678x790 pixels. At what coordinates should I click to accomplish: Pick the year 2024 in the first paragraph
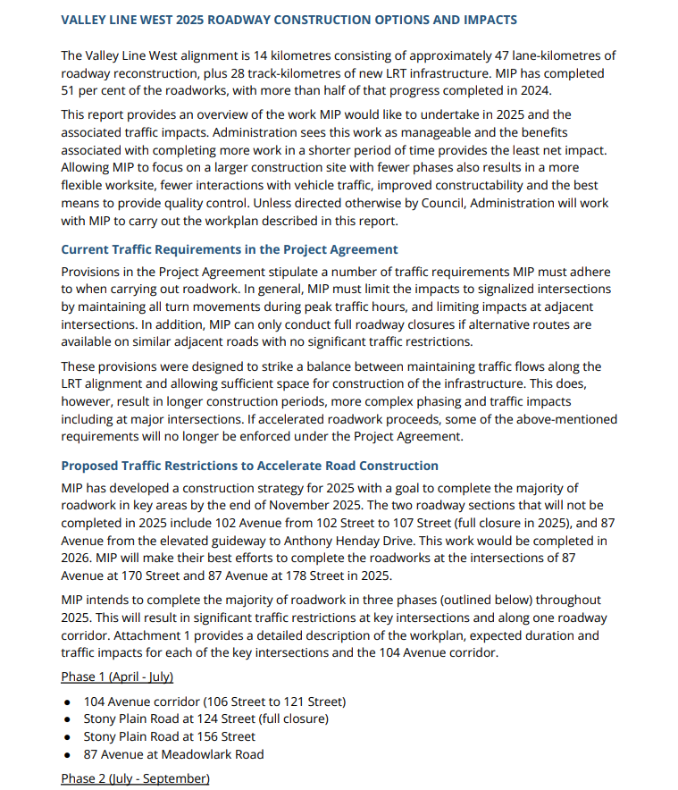click(535, 91)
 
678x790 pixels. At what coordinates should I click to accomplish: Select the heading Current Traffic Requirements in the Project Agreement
click(230, 249)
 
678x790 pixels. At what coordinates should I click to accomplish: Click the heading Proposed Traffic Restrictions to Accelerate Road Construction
click(249, 466)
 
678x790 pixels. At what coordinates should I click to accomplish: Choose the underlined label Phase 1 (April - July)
click(117, 677)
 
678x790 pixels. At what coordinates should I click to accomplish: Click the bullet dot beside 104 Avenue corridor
click(68, 702)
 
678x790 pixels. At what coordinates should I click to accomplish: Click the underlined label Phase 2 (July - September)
click(135, 778)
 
